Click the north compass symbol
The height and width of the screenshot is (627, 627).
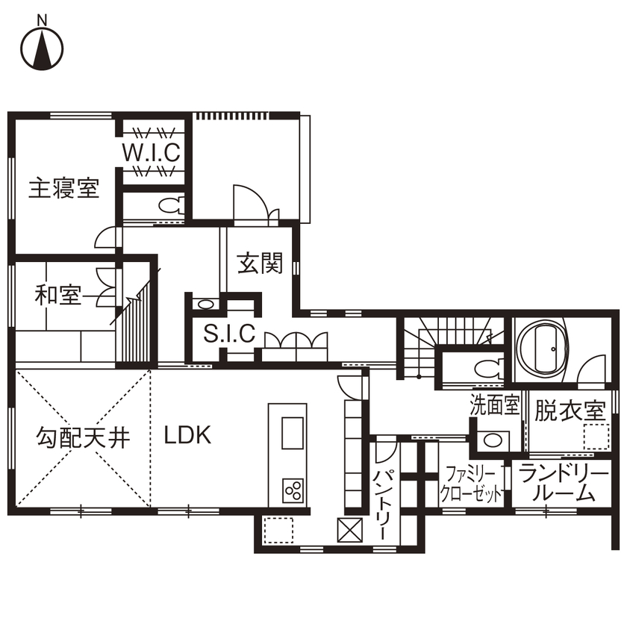pos(41,47)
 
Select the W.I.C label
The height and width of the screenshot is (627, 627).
pos(152,153)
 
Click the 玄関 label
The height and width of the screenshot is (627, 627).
pos(261,263)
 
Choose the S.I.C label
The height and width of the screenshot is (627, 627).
pos(229,334)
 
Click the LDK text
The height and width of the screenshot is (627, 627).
pos(188,435)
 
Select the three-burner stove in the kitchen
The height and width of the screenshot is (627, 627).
pos(293,491)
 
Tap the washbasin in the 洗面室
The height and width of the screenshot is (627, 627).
pos(493,440)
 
